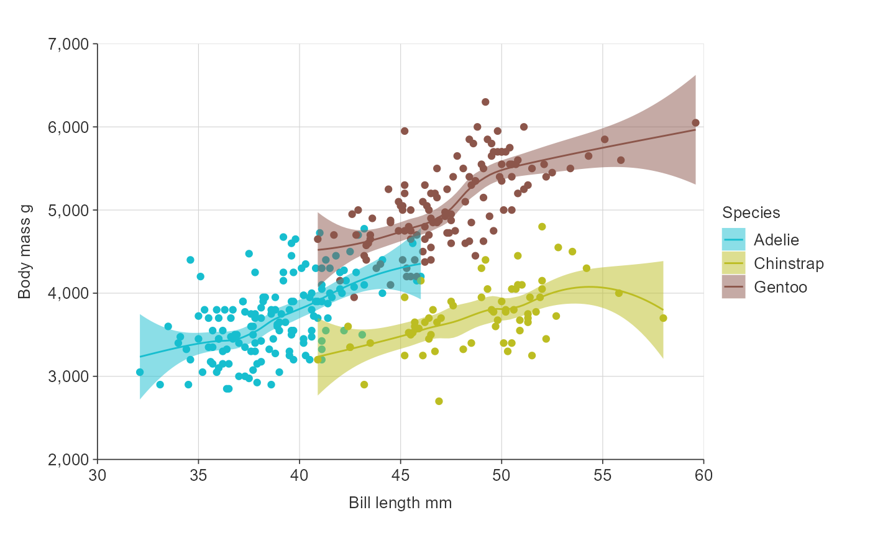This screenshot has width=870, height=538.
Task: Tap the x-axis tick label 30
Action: (97, 475)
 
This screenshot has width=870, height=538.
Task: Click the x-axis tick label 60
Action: (703, 475)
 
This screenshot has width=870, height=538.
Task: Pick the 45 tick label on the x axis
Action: (400, 475)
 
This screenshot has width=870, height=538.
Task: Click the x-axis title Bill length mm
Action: (400, 503)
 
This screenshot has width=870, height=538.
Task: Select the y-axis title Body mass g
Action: (25, 252)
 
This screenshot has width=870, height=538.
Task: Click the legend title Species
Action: (751, 213)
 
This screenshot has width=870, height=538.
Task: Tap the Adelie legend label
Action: (776, 240)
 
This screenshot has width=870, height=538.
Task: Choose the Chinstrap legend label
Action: (789, 263)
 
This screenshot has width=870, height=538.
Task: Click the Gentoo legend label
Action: (780, 287)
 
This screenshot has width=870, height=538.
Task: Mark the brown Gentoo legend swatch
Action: (733, 287)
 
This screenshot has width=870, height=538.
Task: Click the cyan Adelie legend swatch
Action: (733, 240)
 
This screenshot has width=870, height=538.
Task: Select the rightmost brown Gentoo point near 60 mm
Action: (695, 123)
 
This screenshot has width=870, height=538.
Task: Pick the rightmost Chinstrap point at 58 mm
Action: (663, 318)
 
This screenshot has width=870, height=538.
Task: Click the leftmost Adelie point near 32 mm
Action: (140, 372)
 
